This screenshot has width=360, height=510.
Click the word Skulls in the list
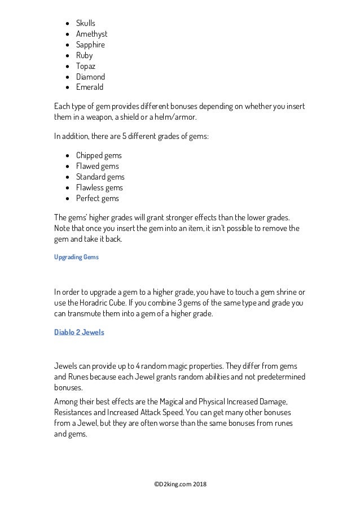pyautogui.click(x=86, y=23)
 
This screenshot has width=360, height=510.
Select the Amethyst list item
pyautogui.click(x=91, y=34)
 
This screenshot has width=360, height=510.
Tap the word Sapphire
pyautogui.click(x=90, y=45)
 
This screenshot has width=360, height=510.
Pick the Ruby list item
pyautogui.click(x=84, y=55)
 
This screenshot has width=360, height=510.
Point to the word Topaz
pyautogui.click(x=86, y=66)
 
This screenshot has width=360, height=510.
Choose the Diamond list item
pyautogui.click(x=90, y=77)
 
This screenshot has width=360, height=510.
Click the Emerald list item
pyautogui.click(x=90, y=88)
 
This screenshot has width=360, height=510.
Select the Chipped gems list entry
pyautogui.click(x=99, y=155)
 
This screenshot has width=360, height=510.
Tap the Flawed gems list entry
pyautogui.click(x=97, y=166)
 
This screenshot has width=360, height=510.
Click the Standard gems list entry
pyautogui.click(x=100, y=177)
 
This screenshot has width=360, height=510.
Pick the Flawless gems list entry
pyautogui.click(x=99, y=188)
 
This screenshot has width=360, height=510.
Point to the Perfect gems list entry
pyautogui.click(x=98, y=198)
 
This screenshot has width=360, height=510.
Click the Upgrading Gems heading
pyautogui.click(x=76, y=257)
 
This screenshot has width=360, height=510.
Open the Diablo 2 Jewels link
pyautogui.click(x=79, y=332)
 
